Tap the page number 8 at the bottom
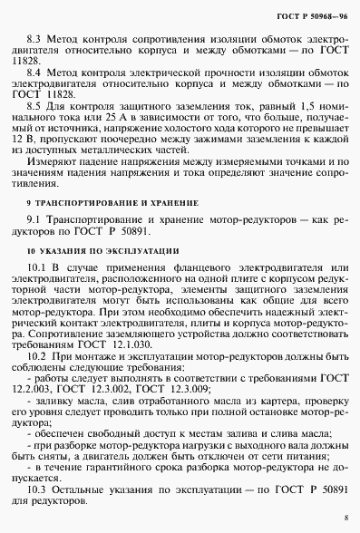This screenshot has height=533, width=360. (345, 518)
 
